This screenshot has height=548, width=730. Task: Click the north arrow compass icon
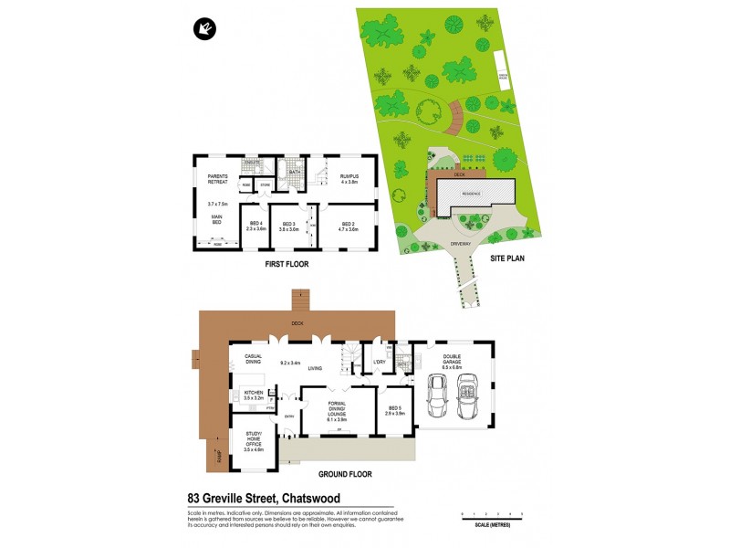click(204, 29)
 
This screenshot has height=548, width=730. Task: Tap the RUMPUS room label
click(350, 175)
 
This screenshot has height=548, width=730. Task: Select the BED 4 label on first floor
click(255, 226)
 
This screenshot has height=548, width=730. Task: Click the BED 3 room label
click(289, 226)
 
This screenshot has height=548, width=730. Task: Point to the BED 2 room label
click(348, 226)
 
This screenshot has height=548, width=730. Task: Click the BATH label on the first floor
click(295, 171)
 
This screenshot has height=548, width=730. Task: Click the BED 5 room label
click(394, 410)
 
